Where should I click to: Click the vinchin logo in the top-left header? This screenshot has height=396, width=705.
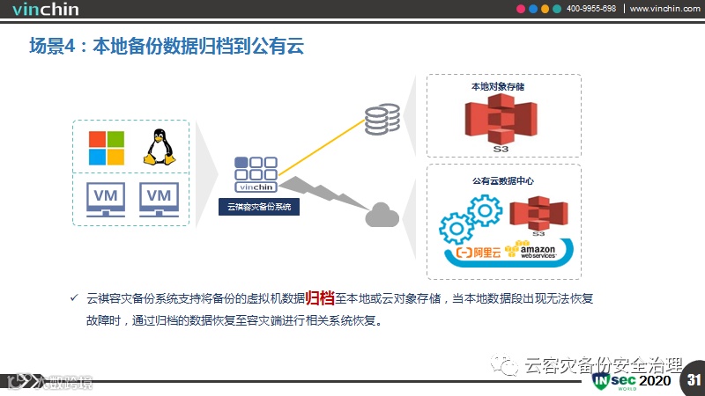(x=47, y=9)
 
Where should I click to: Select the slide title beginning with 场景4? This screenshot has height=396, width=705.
(x=167, y=46)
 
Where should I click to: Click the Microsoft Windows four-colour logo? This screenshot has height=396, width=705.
(x=106, y=148)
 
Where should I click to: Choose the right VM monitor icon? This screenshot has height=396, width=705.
(x=159, y=199)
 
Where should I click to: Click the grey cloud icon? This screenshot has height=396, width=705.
(x=382, y=214)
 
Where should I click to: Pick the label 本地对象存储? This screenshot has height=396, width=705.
(x=499, y=87)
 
